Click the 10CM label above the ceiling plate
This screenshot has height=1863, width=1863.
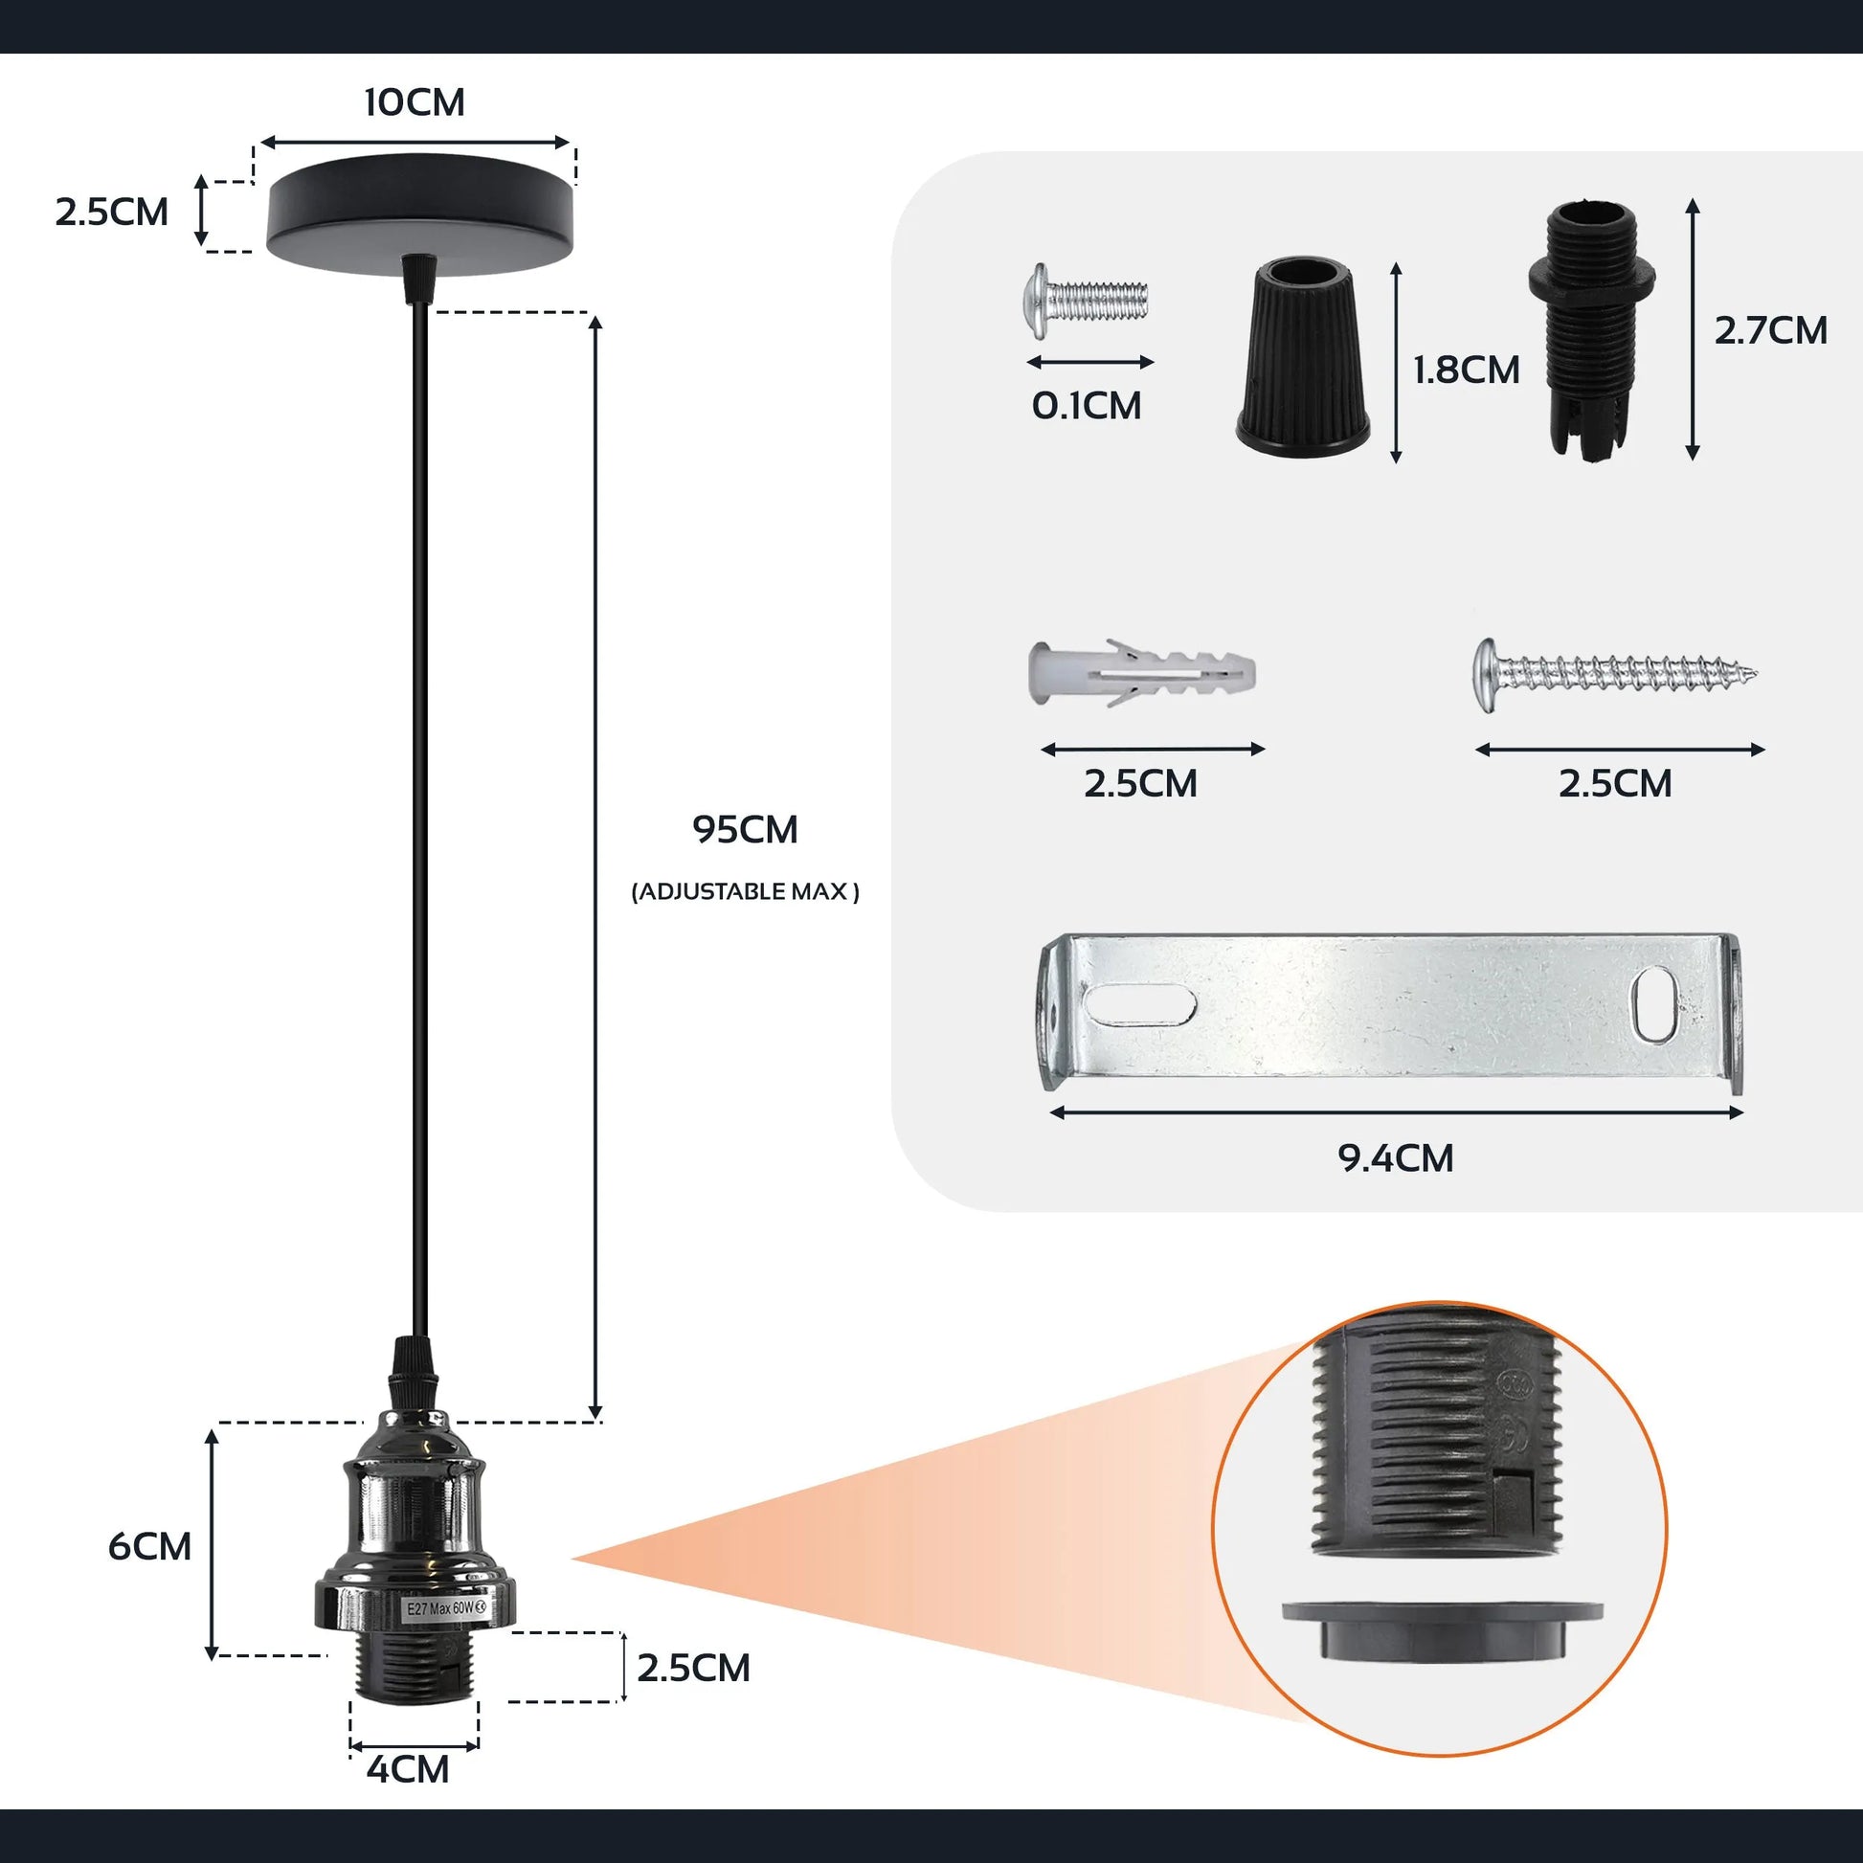click(x=414, y=102)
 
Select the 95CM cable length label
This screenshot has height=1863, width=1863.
click(x=745, y=830)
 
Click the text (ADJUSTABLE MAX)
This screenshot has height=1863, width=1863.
click(x=745, y=892)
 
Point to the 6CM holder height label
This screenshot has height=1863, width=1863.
click(x=149, y=1546)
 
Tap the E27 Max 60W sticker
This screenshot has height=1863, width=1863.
click(x=445, y=1608)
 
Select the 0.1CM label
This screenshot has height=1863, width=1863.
click(x=1087, y=406)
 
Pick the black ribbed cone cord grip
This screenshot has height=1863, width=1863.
click(x=1304, y=357)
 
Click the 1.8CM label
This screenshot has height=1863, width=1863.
click(x=1466, y=370)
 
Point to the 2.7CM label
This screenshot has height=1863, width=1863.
click(x=1770, y=330)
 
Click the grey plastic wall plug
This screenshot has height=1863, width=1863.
click(x=1143, y=672)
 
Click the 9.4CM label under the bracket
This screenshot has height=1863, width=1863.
click(x=1395, y=1158)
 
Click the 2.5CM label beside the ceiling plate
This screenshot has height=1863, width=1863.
click(x=112, y=213)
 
